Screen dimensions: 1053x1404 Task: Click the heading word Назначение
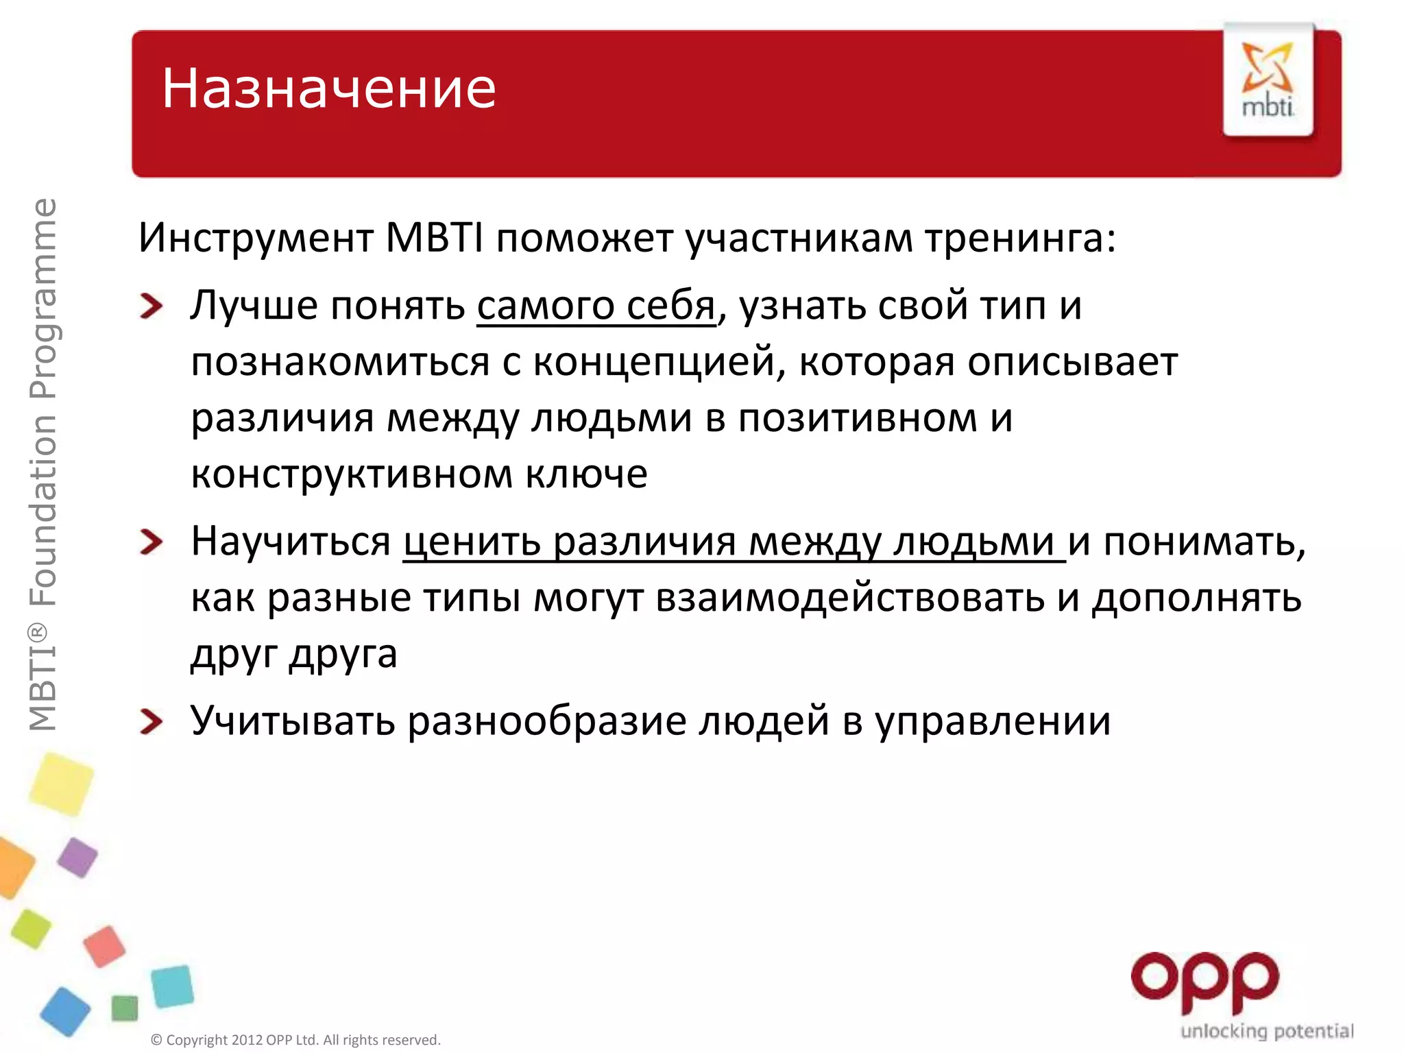pos(328,89)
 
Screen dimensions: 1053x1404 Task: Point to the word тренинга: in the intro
pos(1021,238)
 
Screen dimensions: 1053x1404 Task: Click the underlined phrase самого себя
pos(596,306)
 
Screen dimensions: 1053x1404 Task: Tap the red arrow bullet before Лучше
pos(151,306)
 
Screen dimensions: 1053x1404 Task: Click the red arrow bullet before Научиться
pos(151,542)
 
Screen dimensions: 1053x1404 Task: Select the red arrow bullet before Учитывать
pos(151,721)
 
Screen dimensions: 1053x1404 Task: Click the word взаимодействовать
pos(850,598)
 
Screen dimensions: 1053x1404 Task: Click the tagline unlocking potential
pos(1266,1031)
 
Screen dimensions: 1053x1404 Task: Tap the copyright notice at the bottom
pos(295,1040)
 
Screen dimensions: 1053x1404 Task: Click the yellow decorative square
pos(61,784)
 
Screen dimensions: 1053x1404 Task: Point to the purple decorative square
pos(77,857)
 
